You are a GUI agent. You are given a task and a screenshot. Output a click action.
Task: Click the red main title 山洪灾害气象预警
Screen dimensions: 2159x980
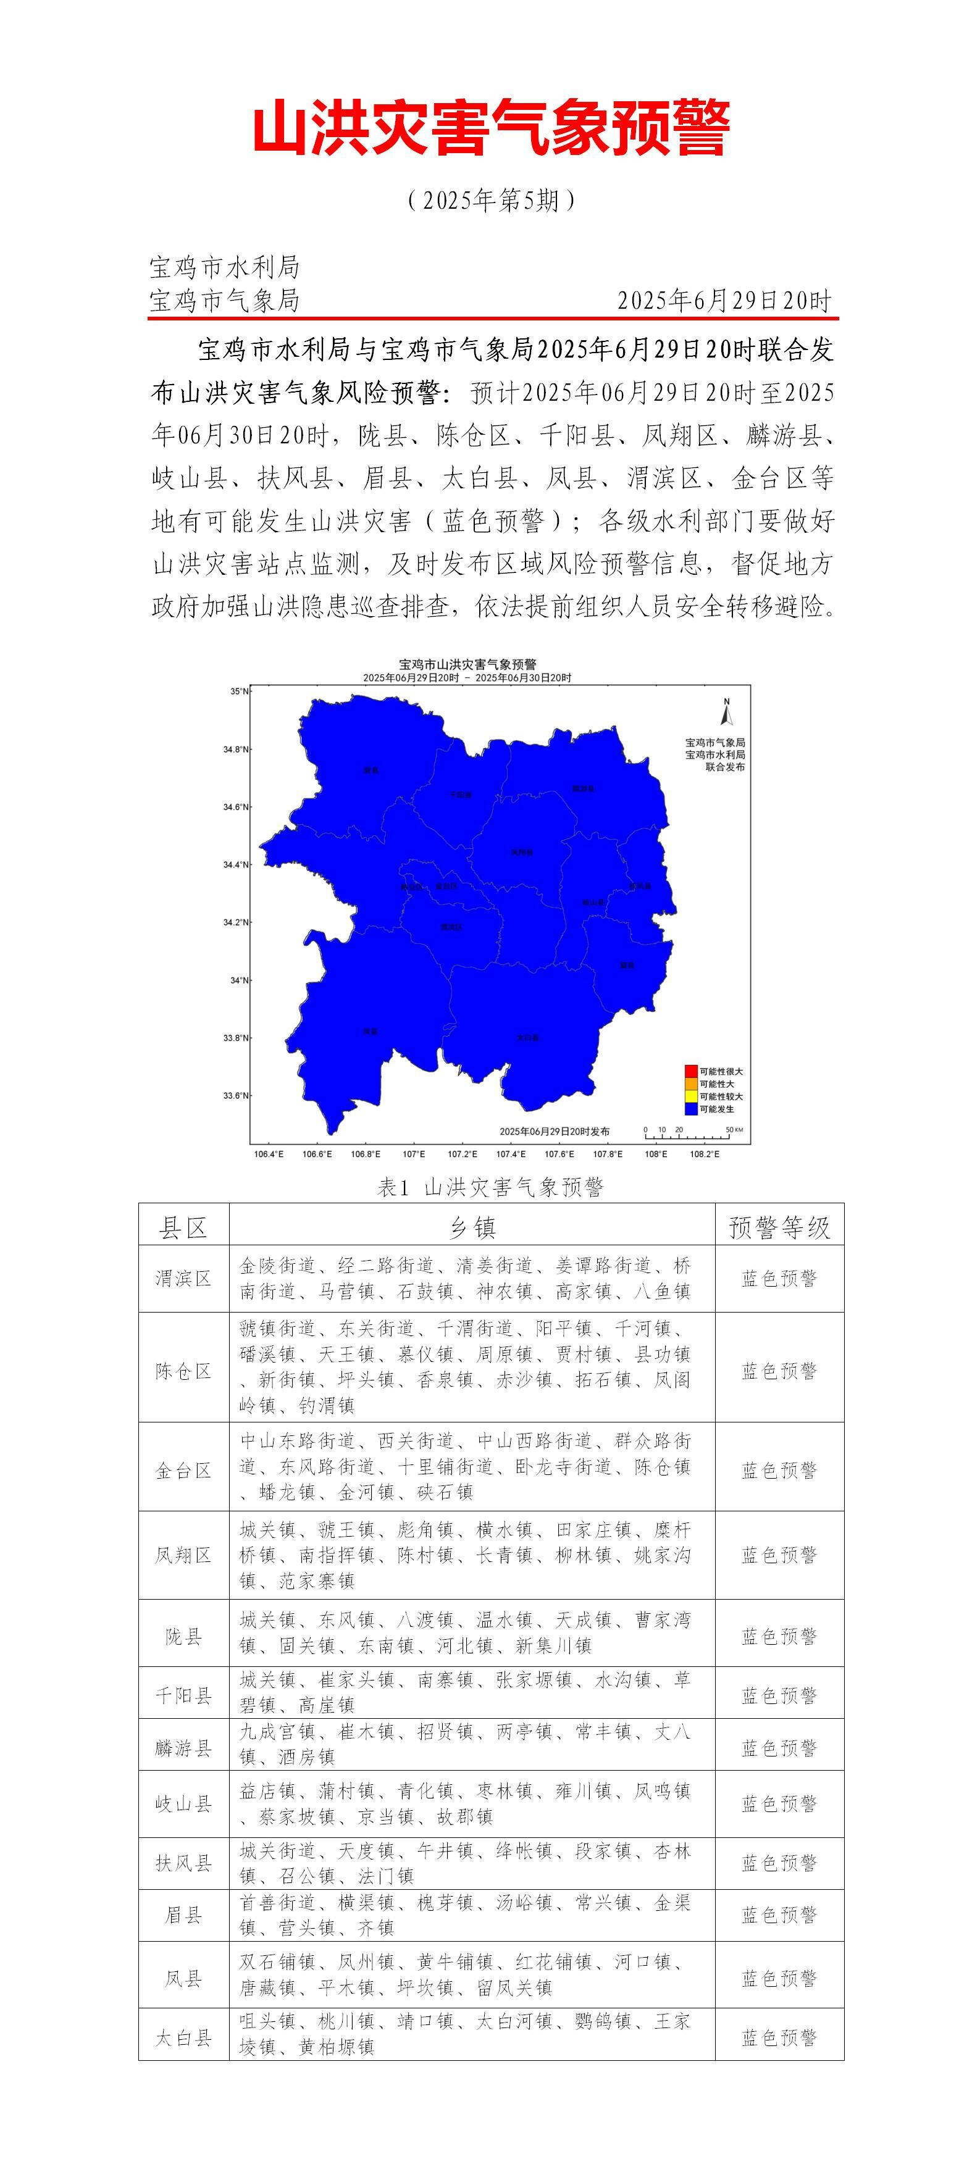tap(490, 128)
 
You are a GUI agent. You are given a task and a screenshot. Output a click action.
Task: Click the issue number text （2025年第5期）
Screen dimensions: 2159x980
tap(490, 200)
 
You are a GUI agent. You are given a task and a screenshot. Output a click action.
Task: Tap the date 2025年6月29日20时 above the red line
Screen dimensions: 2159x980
tap(724, 301)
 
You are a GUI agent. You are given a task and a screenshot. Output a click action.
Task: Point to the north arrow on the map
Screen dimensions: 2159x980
tap(727, 712)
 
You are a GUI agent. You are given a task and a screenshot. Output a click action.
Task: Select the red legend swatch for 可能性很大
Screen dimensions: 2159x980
tap(691, 1071)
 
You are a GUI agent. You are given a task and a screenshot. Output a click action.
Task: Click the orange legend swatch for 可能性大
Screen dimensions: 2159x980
tap(691, 1084)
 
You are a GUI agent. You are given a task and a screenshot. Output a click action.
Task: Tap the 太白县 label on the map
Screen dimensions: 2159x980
tap(527, 1038)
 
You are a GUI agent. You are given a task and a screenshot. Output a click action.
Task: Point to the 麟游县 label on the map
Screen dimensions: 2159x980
tap(583, 788)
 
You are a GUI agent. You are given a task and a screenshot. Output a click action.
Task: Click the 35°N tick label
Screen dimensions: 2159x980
tap(240, 691)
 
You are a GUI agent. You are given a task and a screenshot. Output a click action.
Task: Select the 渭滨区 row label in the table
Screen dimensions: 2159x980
tap(183, 1278)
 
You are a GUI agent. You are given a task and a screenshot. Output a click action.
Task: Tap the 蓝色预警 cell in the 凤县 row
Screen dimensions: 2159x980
tap(779, 1979)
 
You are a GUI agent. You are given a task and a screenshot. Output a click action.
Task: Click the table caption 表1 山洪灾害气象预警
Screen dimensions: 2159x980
tap(490, 1187)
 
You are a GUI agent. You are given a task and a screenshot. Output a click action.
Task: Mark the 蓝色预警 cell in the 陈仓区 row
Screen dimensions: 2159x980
tap(779, 1371)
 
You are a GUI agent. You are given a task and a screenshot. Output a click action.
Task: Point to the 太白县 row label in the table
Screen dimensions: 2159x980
tap(183, 2037)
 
